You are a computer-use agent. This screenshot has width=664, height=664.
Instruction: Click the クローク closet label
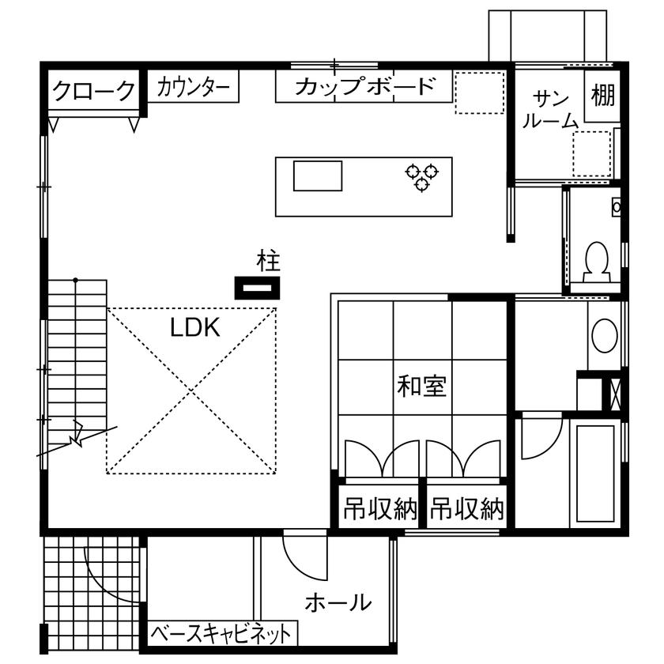[93, 92]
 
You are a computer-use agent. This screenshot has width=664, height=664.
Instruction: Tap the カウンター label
[194, 88]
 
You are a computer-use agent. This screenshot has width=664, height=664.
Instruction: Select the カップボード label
[364, 87]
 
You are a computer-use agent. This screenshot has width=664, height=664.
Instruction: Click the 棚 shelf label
[603, 96]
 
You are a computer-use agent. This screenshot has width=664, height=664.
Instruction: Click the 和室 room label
[421, 387]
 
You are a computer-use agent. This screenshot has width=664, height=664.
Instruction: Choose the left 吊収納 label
[379, 509]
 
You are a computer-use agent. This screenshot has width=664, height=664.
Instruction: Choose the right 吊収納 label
[467, 509]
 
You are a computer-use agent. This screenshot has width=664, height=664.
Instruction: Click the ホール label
[338, 603]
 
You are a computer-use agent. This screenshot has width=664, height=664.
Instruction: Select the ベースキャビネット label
[221, 633]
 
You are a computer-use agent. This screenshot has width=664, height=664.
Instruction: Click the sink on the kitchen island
[318, 175]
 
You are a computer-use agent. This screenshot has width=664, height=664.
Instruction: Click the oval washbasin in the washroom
[605, 336]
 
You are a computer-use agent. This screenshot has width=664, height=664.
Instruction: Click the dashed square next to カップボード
[479, 92]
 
